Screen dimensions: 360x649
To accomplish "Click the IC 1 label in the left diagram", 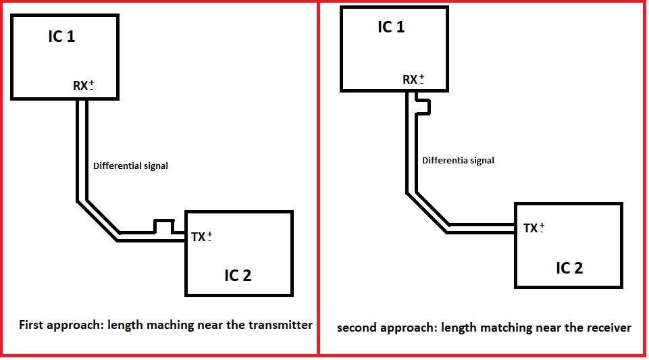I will point(61,36).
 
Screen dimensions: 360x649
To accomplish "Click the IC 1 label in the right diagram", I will point(391,27).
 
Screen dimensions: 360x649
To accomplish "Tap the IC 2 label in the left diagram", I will point(238,275).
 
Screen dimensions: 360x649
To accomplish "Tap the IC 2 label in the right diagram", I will point(569,267).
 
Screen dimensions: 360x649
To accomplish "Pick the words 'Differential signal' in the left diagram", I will point(130,165).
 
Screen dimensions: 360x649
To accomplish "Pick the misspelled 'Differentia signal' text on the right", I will point(458,160).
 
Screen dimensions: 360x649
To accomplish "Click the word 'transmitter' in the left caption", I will point(282,325).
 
